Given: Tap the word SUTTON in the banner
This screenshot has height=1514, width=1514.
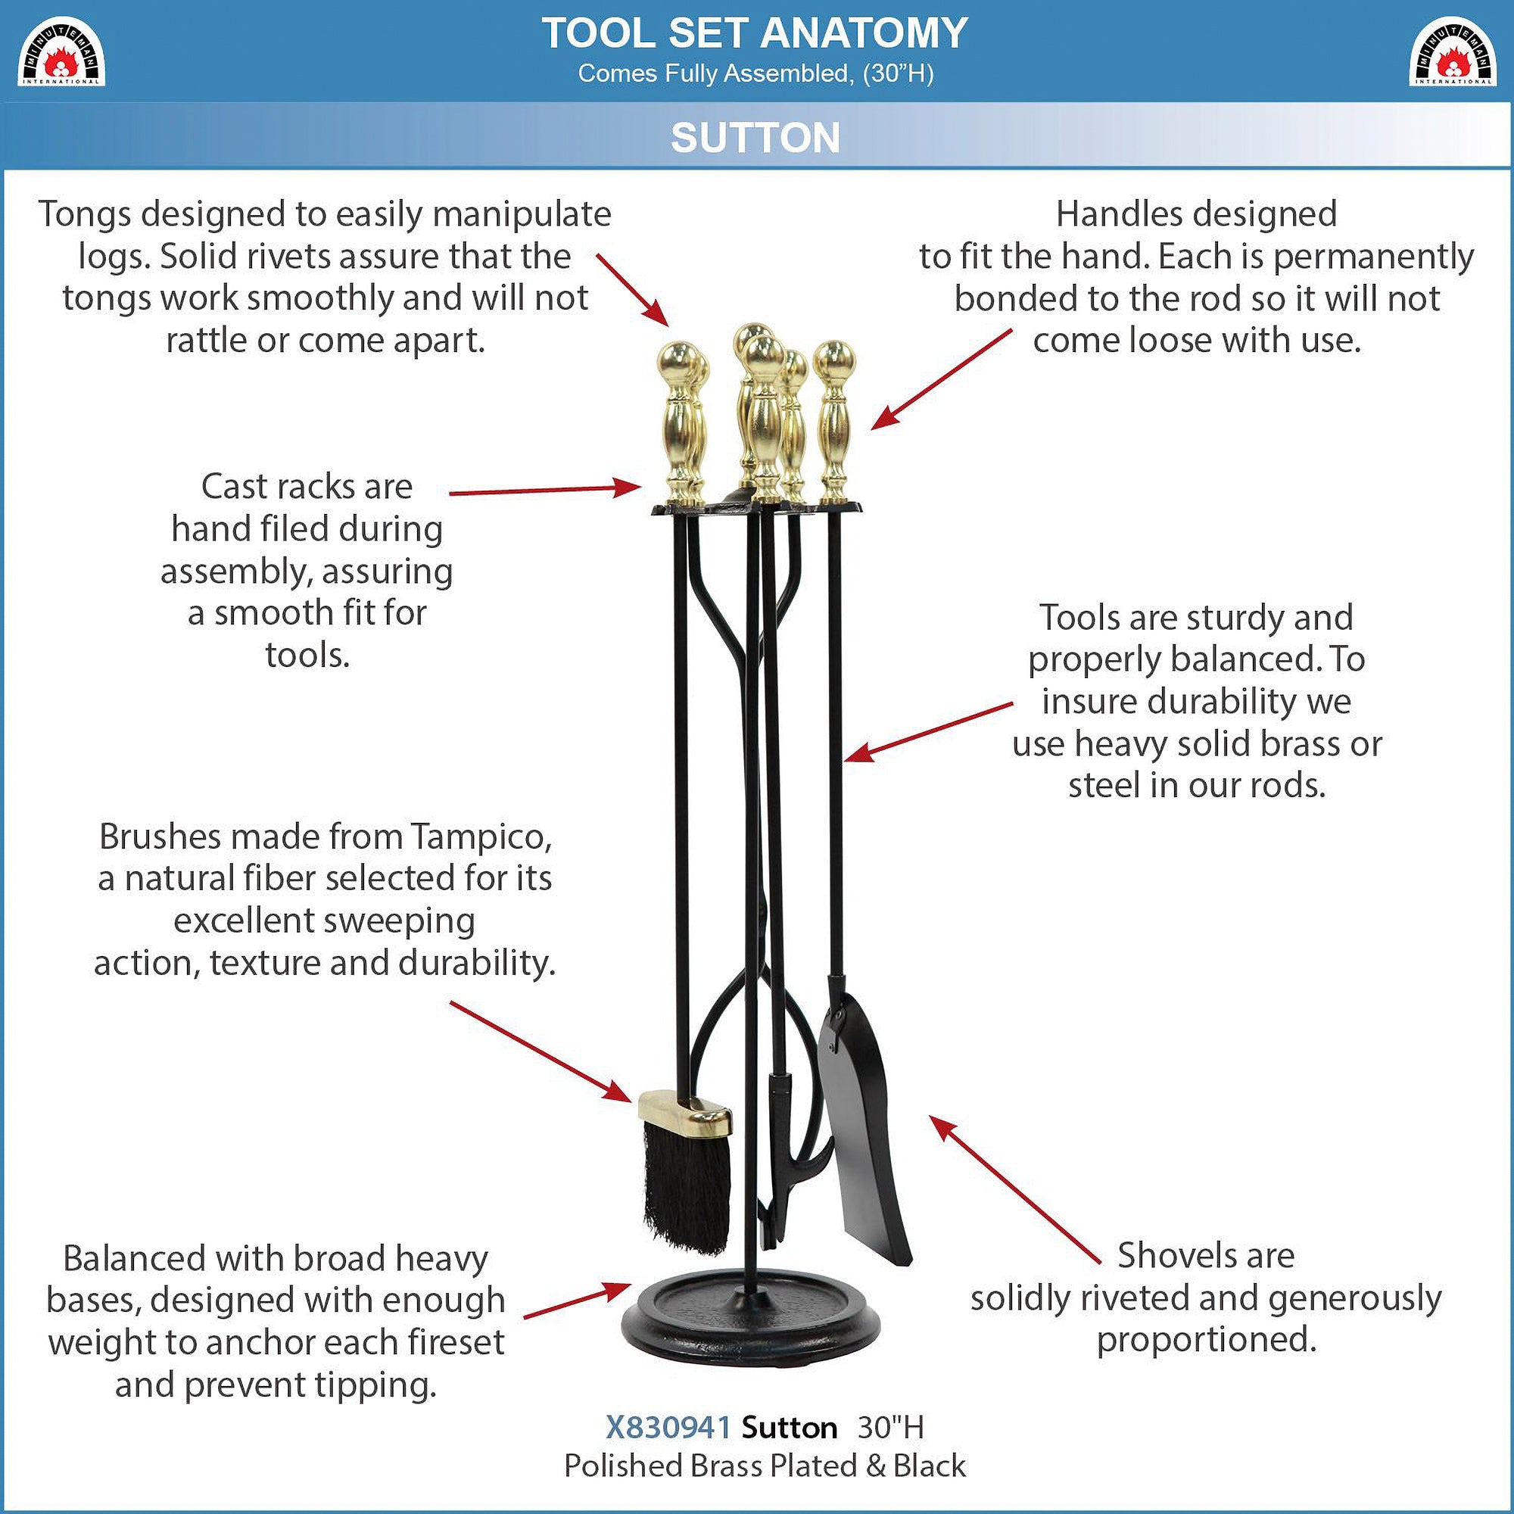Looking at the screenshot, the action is point(755,138).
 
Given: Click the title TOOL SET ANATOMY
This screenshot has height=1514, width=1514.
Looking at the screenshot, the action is point(755,33).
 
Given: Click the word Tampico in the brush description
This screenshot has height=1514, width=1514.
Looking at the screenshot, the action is point(481,838).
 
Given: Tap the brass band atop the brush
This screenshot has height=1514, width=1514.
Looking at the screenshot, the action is point(685,1116).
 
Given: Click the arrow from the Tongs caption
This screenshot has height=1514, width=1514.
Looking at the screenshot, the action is point(633,289).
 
